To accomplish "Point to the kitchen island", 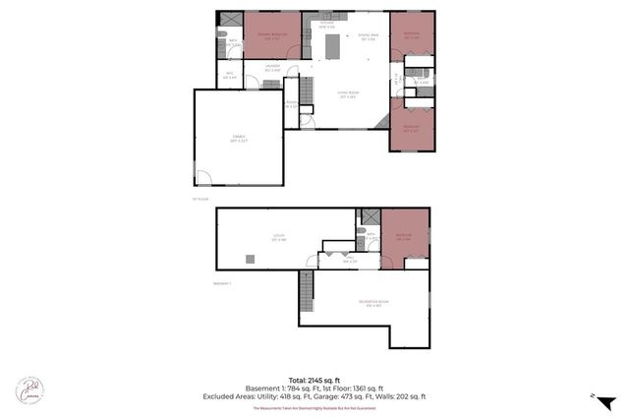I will click(x=333, y=45).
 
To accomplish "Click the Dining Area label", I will click(x=368, y=37).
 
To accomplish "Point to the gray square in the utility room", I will click(x=251, y=259).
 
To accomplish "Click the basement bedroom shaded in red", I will click(x=405, y=236).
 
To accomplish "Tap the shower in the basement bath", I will click(x=372, y=216).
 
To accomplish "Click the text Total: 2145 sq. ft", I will click(x=314, y=379).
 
